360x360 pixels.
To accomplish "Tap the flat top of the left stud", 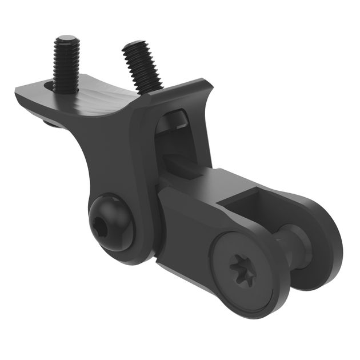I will click(66, 41).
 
